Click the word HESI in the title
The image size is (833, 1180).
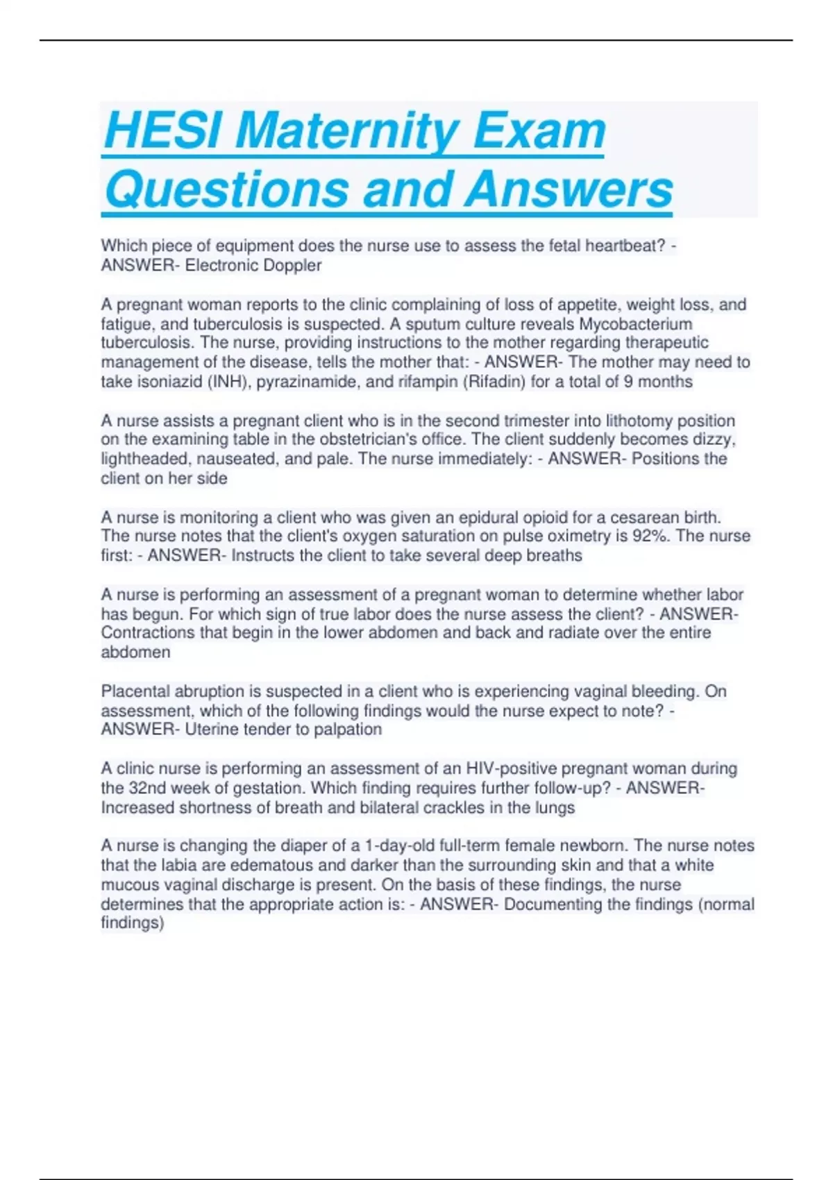coord(164,130)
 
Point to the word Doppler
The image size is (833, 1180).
coord(292,265)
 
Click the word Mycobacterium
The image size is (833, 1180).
coord(636,324)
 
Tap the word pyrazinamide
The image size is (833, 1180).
coord(308,382)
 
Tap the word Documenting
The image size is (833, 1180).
coord(552,904)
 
